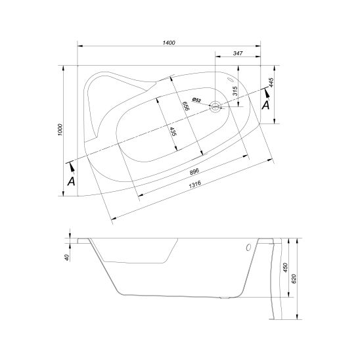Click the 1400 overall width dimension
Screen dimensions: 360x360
click(x=169, y=43)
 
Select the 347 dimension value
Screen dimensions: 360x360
click(x=238, y=53)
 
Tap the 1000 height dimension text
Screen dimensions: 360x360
click(x=60, y=129)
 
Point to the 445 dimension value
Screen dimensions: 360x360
click(x=271, y=82)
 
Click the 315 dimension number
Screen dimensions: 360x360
click(x=235, y=91)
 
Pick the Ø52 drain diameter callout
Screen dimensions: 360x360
click(x=196, y=100)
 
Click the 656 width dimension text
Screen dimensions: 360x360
click(x=185, y=106)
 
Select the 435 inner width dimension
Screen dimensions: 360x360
click(x=173, y=131)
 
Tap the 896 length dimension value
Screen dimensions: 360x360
click(x=194, y=171)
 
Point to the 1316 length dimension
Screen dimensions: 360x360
click(x=194, y=184)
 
